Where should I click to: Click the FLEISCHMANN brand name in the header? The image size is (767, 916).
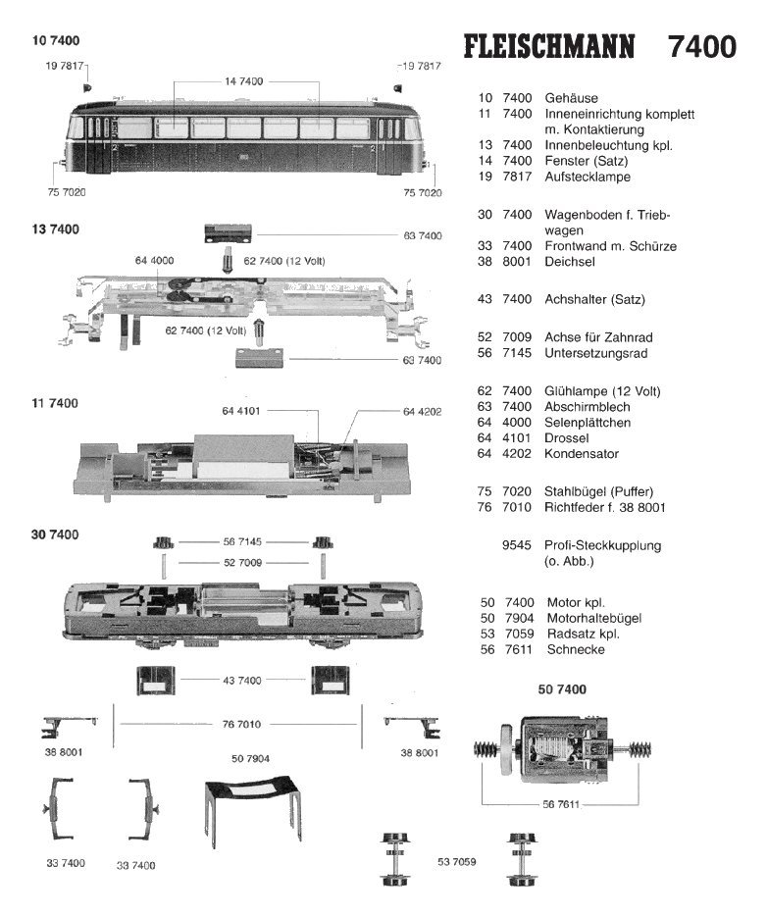(548, 47)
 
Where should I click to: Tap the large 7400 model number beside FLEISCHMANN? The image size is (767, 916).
(702, 47)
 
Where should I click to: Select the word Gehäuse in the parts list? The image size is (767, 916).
(571, 98)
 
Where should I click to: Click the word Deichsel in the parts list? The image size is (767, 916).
(570, 262)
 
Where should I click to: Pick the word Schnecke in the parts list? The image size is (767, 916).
(576, 649)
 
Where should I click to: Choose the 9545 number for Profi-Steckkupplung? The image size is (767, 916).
(516, 545)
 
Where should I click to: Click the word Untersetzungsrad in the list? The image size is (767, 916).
(595, 353)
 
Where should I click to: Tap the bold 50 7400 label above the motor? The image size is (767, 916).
(562, 689)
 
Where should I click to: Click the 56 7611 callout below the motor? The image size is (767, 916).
(561, 804)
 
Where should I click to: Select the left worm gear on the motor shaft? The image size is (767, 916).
(486, 749)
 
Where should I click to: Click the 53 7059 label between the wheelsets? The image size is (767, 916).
(457, 862)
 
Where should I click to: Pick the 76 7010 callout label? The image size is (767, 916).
(241, 725)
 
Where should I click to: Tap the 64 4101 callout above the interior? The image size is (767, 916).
(240, 411)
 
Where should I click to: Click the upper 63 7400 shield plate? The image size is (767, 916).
(228, 233)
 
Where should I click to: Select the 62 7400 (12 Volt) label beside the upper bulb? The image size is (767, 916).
(283, 261)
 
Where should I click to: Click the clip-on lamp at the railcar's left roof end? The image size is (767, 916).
(87, 87)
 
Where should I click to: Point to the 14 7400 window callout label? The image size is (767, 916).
(243, 81)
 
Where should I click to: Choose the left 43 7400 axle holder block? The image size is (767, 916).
(156, 680)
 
